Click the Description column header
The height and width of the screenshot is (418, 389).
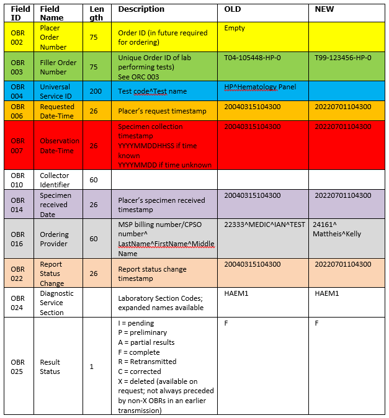tap(141, 9)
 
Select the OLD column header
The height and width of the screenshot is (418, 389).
tap(233, 9)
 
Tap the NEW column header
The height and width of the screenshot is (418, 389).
tap(325, 9)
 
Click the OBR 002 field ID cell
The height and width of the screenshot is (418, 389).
tap(17, 37)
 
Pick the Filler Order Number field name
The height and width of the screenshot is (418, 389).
tap(57, 67)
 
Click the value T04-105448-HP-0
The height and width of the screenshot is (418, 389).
tap(252, 58)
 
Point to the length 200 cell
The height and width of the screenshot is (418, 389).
tap(96, 91)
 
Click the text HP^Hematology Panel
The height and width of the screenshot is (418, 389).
tap(260, 87)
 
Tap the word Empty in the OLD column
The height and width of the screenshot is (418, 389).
tap(235, 28)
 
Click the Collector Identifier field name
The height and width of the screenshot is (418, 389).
tap(56, 180)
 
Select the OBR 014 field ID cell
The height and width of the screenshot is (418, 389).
tap(17, 205)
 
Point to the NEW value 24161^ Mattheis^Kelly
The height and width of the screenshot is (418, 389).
tap(336, 229)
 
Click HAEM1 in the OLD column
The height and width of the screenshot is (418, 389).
tap(236, 293)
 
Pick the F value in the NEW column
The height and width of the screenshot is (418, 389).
tap(316, 323)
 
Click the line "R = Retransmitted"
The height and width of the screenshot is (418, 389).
tap(147, 362)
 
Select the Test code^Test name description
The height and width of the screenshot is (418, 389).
tap(152, 91)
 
